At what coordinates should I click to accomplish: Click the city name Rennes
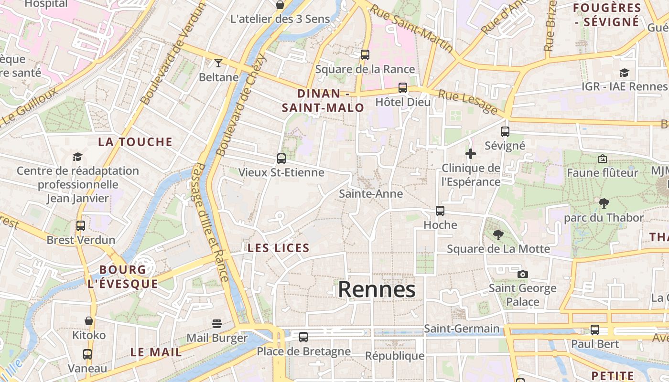(x=377, y=290)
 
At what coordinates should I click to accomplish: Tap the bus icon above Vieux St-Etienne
(x=281, y=158)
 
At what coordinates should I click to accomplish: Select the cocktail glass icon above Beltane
(x=218, y=63)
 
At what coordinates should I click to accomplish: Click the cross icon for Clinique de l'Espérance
(x=471, y=154)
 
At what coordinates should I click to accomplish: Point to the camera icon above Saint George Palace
(x=523, y=274)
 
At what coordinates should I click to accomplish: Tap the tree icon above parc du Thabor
(x=604, y=203)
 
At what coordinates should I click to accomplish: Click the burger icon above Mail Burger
(x=217, y=324)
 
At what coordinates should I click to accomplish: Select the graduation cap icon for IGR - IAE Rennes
(x=624, y=73)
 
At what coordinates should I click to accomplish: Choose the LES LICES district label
(x=279, y=248)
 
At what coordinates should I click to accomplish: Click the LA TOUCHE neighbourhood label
(x=135, y=142)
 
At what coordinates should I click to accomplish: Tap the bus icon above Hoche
(x=440, y=211)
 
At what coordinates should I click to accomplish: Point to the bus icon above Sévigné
(x=505, y=132)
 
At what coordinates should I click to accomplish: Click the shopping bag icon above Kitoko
(x=89, y=321)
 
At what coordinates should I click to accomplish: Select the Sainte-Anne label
(x=371, y=193)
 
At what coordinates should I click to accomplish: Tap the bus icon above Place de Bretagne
(x=303, y=337)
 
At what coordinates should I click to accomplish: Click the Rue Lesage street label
(x=468, y=102)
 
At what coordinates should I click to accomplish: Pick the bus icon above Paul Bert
(x=595, y=329)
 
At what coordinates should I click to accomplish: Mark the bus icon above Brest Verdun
(x=81, y=225)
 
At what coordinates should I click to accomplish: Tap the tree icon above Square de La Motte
(x=498, y=234)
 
